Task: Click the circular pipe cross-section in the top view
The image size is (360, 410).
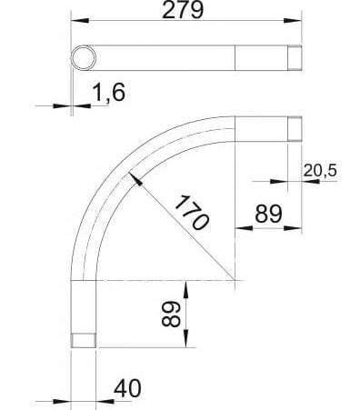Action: pyautogui.click(x=83, y=57)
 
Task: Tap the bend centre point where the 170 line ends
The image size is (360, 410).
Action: pyautogui.click(x=235, y=278)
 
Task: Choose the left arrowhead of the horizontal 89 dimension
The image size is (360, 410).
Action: pyautogui.click(x=239, y=229)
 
